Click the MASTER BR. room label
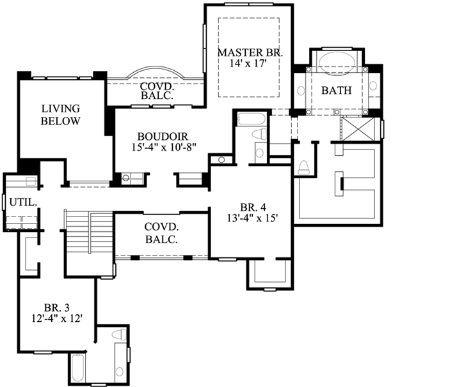click(x=249, y=51)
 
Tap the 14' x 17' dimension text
click(x=249, y=63)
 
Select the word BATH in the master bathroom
click(x=336, y=91)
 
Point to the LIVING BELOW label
click(x=60, y=114)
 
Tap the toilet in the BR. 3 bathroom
click(x=118, y=334)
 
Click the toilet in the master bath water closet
click(x=304, y=167)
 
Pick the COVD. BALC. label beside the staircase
click(x=161, y=233)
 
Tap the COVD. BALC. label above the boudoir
click(x=153, y=91)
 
